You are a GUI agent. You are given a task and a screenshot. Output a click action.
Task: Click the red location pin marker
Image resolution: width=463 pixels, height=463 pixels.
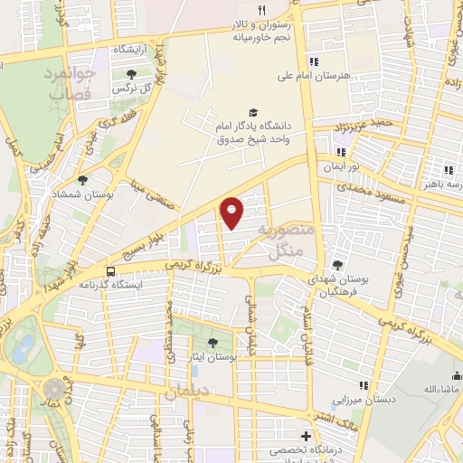point(232,212)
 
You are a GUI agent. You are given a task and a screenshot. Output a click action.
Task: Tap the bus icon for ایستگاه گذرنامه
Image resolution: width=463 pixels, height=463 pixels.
point(111,270)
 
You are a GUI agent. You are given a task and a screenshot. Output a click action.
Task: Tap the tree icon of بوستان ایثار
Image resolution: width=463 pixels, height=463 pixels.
point(213,343)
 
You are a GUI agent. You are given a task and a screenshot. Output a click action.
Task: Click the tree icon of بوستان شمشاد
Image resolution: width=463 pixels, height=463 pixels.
point(82,180)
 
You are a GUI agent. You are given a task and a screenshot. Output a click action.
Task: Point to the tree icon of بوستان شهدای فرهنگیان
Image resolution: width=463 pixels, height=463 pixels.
point(337,265)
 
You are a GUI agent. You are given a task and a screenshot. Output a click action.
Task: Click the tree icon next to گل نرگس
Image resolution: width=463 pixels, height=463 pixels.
point(132,74)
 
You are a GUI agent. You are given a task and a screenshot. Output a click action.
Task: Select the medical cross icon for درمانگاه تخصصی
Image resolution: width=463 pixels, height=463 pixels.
point(306,436)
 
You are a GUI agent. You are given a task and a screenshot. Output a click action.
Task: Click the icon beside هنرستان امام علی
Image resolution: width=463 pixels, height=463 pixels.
point(314,61)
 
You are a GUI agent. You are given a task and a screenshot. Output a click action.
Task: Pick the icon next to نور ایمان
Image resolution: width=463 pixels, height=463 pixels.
point(341,152)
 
